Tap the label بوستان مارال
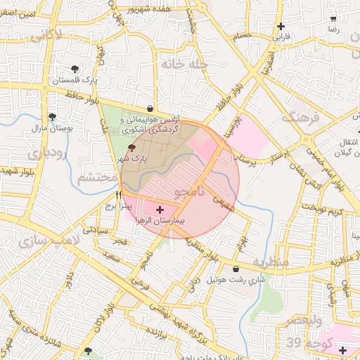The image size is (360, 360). (49, 129)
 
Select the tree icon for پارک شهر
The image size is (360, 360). (132, 148)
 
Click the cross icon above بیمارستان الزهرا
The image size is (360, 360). (160, 209)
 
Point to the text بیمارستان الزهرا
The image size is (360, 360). (161, 221)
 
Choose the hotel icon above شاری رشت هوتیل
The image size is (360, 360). (235, 269)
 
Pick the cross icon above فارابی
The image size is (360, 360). (281, 26)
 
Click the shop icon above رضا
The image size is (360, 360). (333, 20)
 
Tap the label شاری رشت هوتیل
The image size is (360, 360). (235, 280)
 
